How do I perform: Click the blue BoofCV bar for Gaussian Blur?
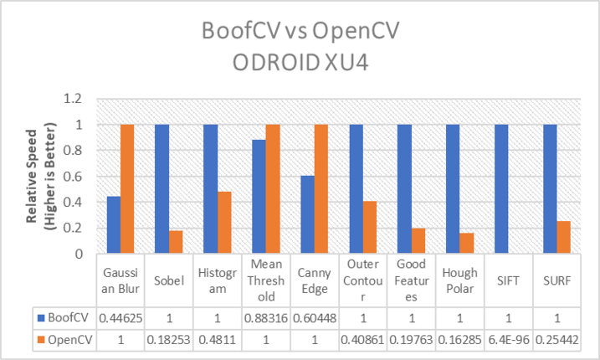[114, 224]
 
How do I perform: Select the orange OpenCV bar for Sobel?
[176, 242]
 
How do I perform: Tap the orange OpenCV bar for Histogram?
[224, 222]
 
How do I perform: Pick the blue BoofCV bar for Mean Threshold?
[259, 197]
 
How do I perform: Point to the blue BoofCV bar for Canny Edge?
[308, 214]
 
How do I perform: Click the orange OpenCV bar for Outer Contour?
[370, 227]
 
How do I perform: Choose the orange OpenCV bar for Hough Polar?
[467, 243]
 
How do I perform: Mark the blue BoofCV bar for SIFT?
[501, 189]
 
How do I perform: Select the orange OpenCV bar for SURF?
[564, 237]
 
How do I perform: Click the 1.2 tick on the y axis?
[72, 99]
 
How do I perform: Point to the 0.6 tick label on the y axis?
[72, 177]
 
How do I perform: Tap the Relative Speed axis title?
[40, 176]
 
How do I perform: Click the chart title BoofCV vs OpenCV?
[300, 30]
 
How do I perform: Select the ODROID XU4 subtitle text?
[300, 63]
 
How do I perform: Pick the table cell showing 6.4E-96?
[509, 340]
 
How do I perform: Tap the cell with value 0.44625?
[121, 318]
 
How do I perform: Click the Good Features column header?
[412, 280]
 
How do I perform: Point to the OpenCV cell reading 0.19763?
[412, 340]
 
